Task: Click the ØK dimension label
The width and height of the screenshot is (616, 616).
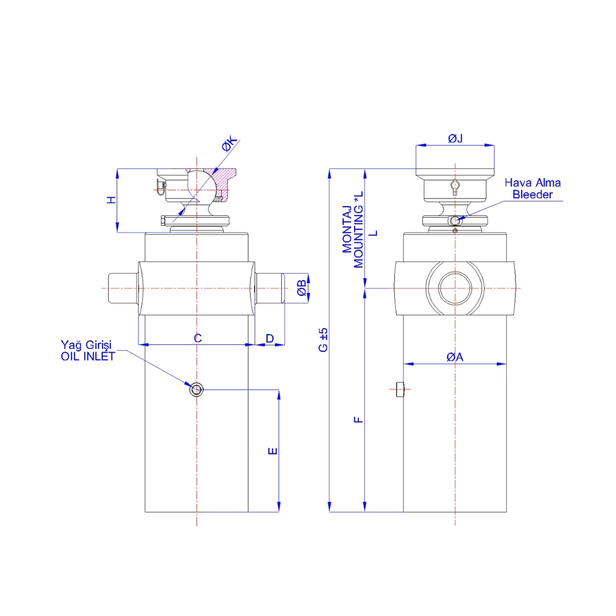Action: coord(230,144)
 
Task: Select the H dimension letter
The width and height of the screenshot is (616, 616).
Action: coord(111,200)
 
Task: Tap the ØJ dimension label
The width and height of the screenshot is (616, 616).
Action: coord(455,138)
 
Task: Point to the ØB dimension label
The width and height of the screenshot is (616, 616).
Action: coord(302,288)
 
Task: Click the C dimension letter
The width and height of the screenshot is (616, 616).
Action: coord(198,338)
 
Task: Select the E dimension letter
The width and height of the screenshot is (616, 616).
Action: coord(273,451)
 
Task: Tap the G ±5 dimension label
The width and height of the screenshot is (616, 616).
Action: coord(323,339)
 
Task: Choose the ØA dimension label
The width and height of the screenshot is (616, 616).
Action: coord(455,357)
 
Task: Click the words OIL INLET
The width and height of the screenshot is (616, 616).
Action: coord(88,356)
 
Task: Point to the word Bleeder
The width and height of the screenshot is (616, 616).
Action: coord(533,195)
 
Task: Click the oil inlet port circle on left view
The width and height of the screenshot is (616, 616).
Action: coord(196,390)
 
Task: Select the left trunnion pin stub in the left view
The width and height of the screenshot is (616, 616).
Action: coord(123,288)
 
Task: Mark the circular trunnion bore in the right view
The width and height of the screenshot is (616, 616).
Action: coord(455,288)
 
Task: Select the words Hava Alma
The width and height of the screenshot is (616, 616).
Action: coord(532,183)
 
